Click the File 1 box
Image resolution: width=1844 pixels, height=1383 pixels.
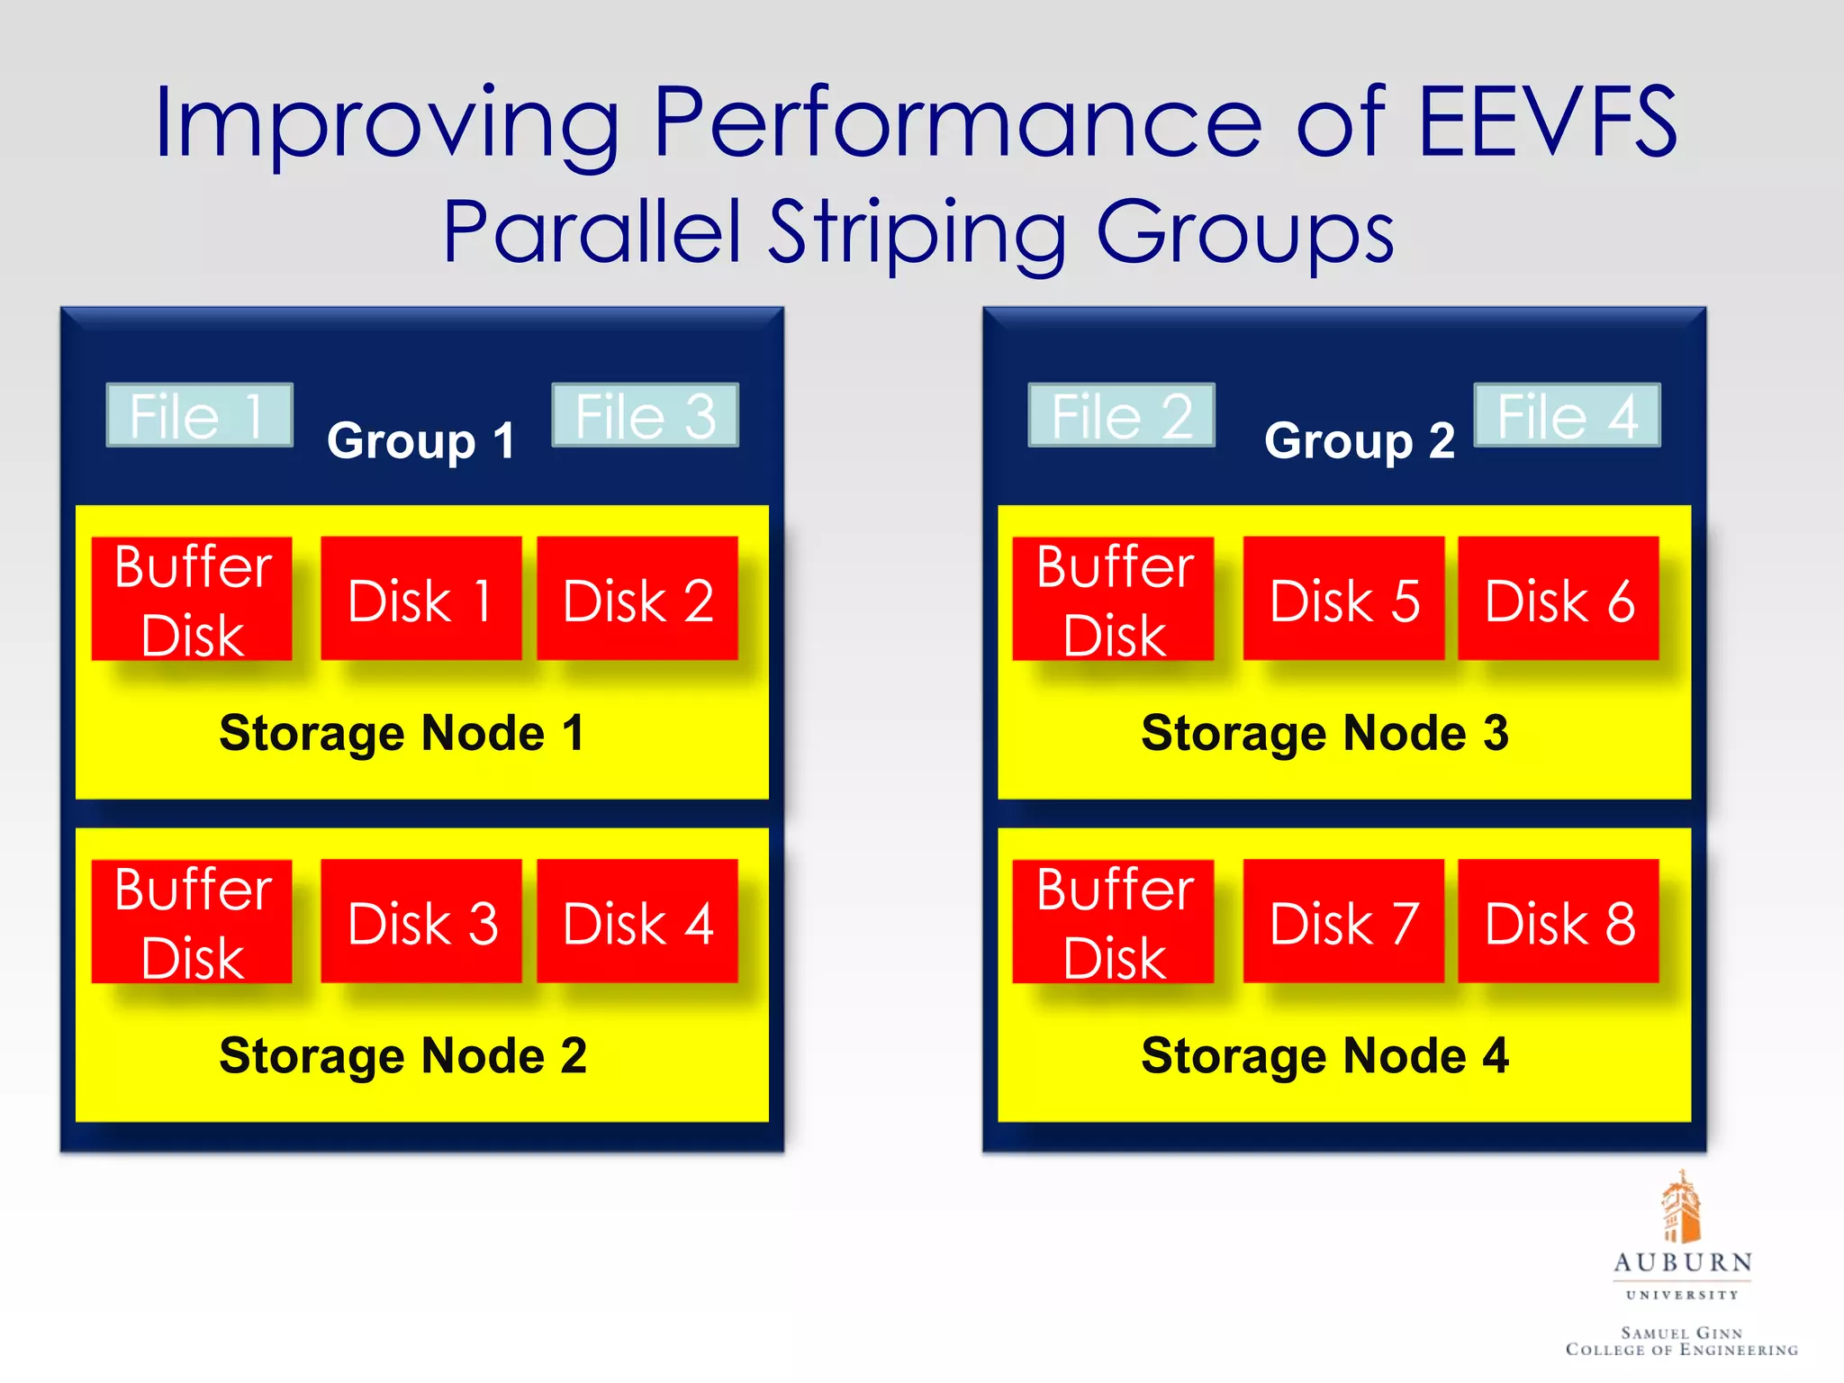[x=199, y=415]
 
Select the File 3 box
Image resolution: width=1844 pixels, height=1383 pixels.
[x=645, y=415]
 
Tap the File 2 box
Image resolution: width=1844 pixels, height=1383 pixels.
[x=1121, y=415]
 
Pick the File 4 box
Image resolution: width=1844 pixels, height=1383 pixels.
[x=1567, y=415]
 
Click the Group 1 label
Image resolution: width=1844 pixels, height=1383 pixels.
[x=420, y=441]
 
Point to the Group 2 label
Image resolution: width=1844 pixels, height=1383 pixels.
[x=1359, y=441]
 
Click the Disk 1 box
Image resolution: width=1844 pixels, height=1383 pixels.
[x=420, y=599]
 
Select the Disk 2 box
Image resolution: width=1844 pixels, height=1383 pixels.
[x=637, y=599]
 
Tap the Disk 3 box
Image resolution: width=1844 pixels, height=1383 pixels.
[x=420, y=921]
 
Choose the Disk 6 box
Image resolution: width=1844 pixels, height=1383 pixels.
[x=1559, y=599]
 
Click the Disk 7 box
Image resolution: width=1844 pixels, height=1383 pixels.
[x=1343, y=921]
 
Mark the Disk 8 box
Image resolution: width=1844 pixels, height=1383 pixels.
[x=1559, y=921]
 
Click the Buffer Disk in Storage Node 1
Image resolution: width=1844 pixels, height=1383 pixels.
[x=192, y=599]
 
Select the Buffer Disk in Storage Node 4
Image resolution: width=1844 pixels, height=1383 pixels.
[x=1113, y=921]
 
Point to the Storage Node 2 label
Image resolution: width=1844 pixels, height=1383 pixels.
[x=402, y=1055]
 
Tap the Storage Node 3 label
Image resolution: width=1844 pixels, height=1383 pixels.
[x=1324, y=733]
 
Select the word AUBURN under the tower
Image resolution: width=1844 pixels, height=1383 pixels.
[x=1682, y=1262]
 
